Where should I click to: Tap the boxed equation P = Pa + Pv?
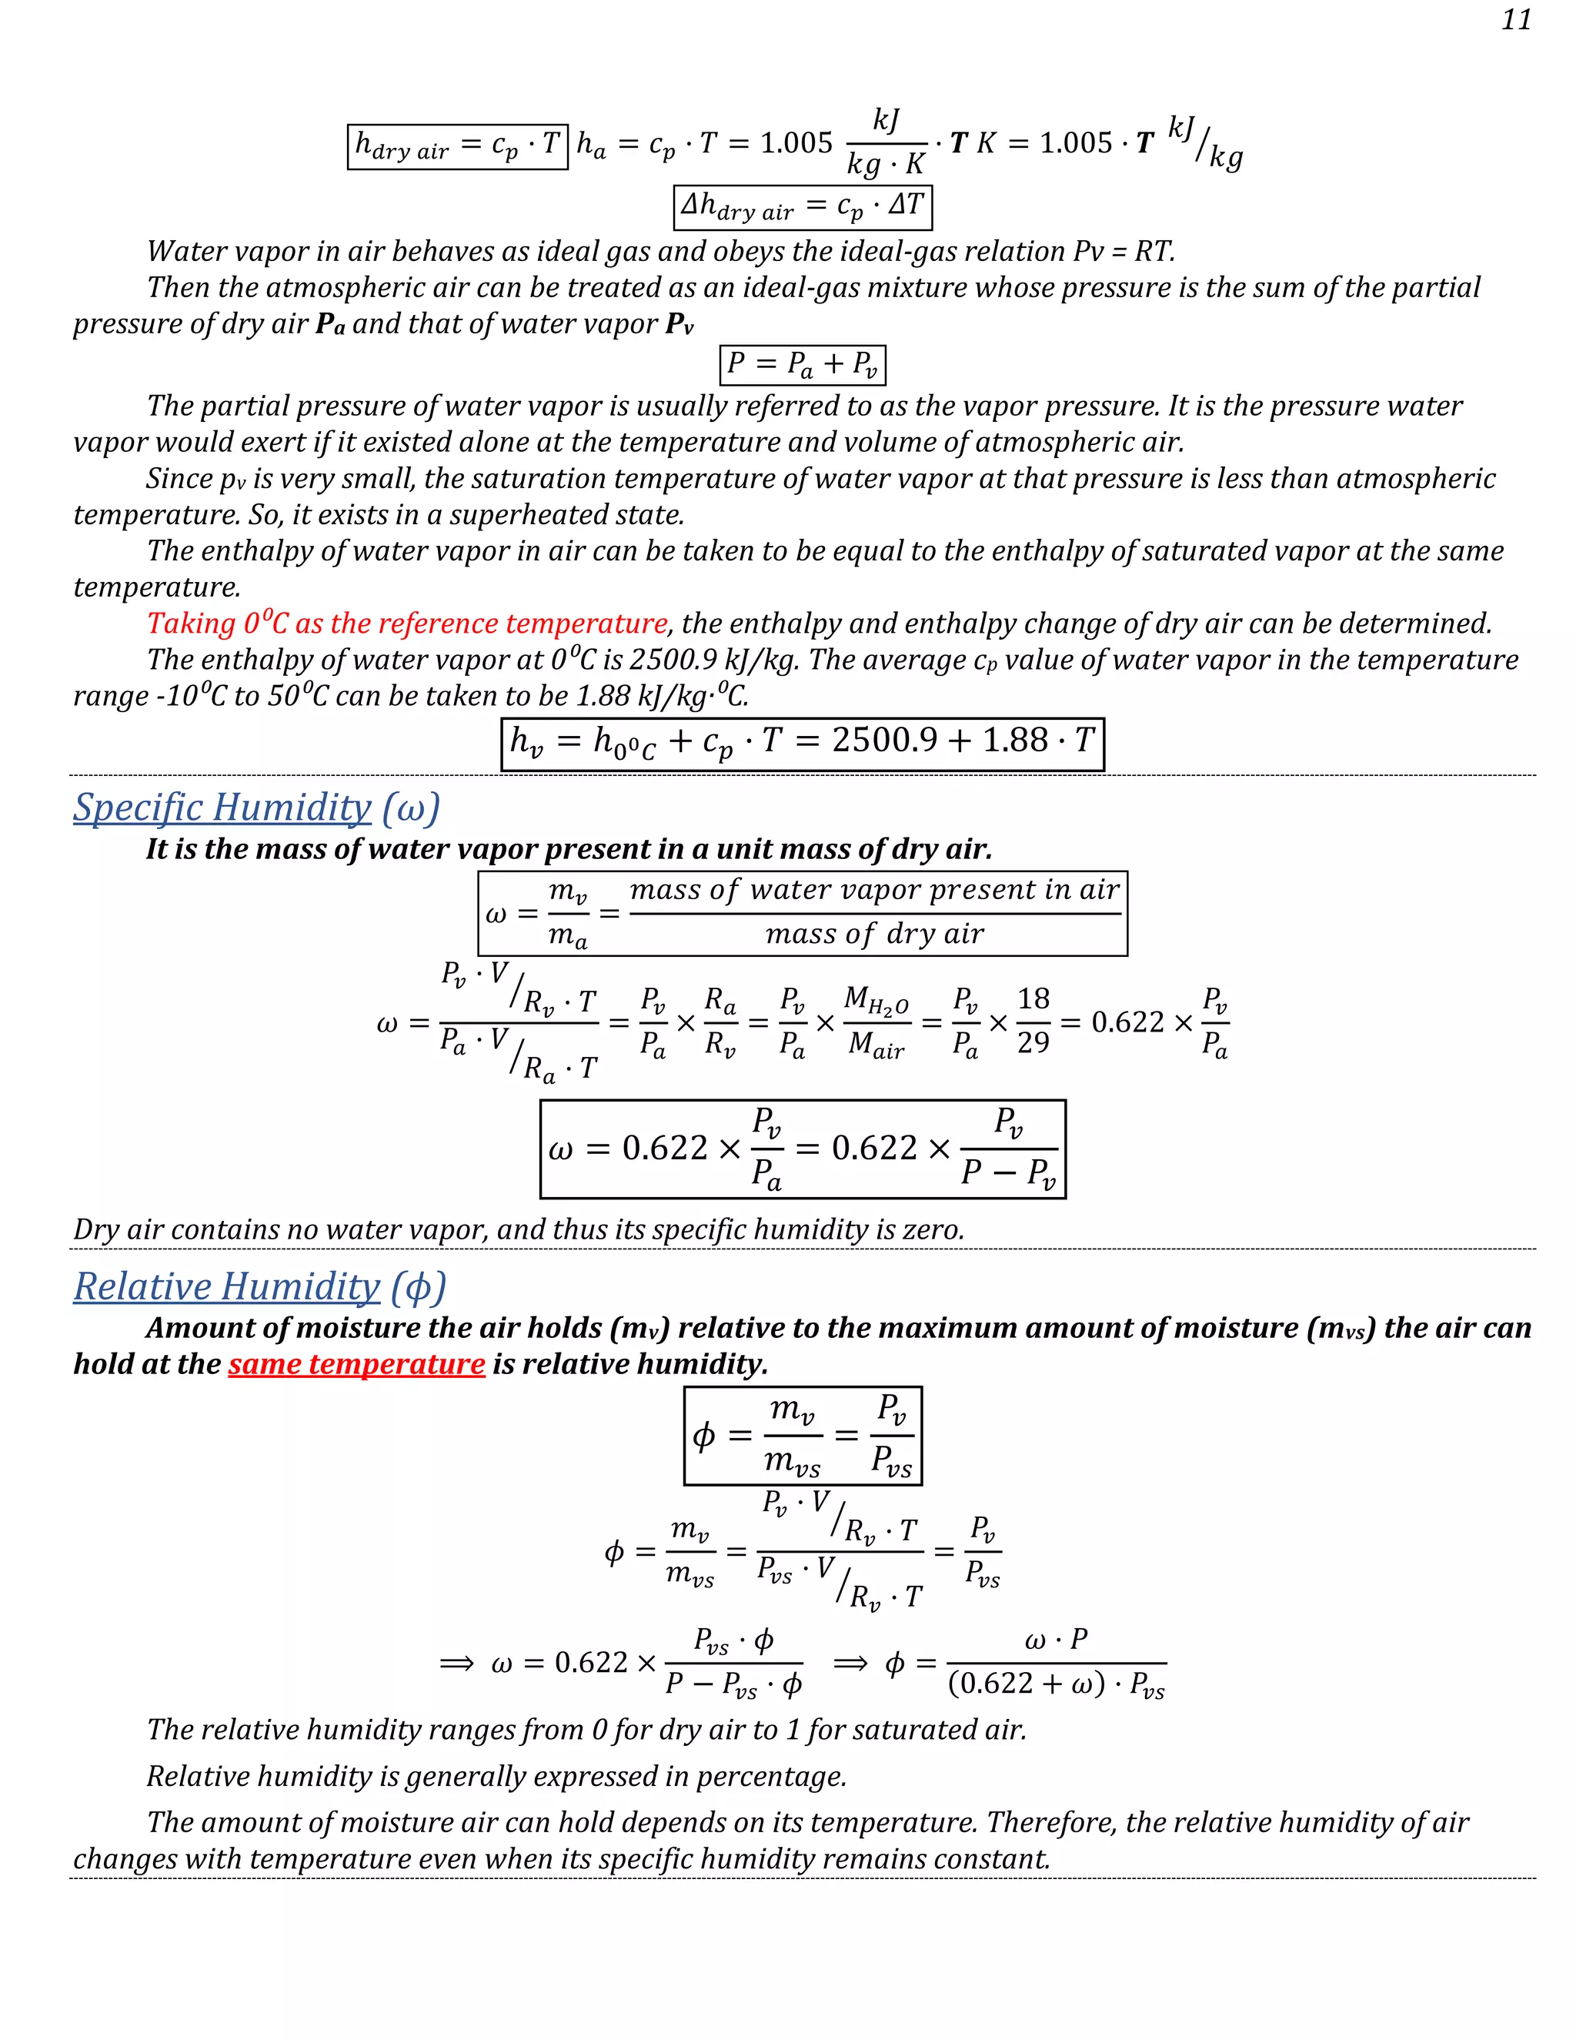tap(802, 364)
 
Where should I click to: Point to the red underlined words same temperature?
tap(356, 1364)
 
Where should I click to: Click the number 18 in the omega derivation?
tap(1033, 998)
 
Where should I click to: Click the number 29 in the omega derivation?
tap(1033, 1042)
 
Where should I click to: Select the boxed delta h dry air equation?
tap(802, 206)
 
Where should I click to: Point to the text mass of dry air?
tap(875, 934)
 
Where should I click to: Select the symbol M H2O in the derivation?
tap(876, 1001)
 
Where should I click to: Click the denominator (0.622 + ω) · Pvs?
tap(1056, 1684)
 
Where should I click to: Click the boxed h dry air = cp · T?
tap(458, 145)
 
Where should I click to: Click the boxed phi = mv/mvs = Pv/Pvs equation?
tap(802, 1435)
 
